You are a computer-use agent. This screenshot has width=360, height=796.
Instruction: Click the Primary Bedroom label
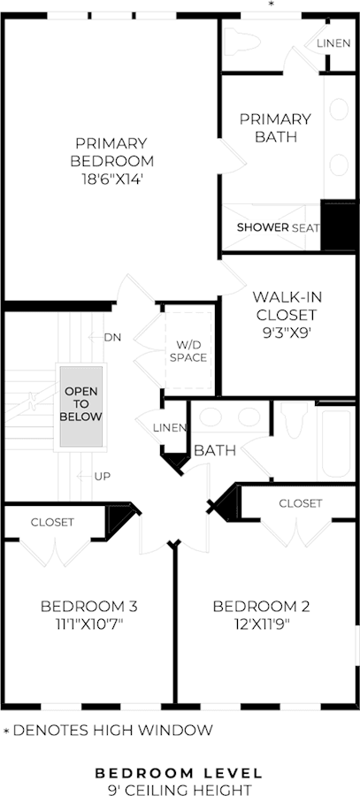coord(111,152)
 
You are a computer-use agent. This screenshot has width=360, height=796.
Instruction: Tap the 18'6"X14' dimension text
coord(111,179)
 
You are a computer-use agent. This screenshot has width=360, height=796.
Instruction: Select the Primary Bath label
coord(275,128)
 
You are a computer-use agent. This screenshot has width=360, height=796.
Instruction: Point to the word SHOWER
coord(263,227)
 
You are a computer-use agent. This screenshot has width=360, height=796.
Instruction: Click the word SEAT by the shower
coord(306,228)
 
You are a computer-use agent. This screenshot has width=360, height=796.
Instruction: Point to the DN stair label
coord(112,337)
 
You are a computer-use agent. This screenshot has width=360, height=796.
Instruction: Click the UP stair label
coord(102,476)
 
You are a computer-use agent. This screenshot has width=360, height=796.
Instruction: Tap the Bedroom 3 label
coord(88,606)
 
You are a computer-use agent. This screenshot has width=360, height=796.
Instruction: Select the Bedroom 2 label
coord(261,606)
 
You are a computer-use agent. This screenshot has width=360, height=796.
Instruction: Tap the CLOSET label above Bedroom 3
coord(52,522)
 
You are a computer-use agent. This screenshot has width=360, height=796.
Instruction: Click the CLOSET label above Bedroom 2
coord(301,503)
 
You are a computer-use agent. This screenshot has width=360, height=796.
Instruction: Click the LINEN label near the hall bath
coord(170,428)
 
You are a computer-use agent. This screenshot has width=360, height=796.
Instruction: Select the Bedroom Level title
coord(180,773)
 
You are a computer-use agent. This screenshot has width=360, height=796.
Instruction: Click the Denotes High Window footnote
coord(108,731)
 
